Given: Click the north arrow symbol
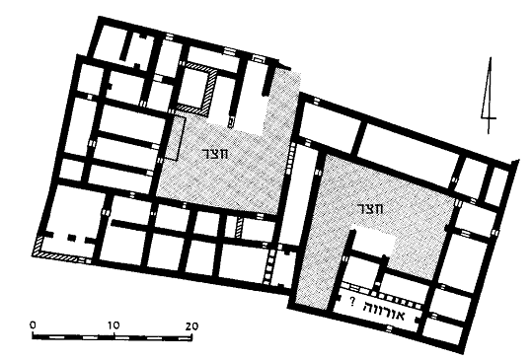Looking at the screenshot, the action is point(489,95).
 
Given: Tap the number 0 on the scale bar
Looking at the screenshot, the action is point(33,324).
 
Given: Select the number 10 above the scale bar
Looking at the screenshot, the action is point(114,325).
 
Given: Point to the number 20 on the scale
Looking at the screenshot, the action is point(191,326).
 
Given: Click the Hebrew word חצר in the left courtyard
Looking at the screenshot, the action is point(215,154).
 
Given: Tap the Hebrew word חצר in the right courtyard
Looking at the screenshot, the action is point(370,208).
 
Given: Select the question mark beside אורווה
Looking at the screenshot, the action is point(352,301).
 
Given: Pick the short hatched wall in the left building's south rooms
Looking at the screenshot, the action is point(240,228).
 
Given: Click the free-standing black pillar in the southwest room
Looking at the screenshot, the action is point(72,238).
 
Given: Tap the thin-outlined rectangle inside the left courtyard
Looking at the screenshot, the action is point(177,139).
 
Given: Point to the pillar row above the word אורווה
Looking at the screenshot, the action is point(383,296).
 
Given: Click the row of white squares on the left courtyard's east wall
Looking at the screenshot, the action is point(290,159).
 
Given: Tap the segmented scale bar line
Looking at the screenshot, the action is point(113,337).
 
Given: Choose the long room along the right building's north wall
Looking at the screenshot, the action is point(407,149).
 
